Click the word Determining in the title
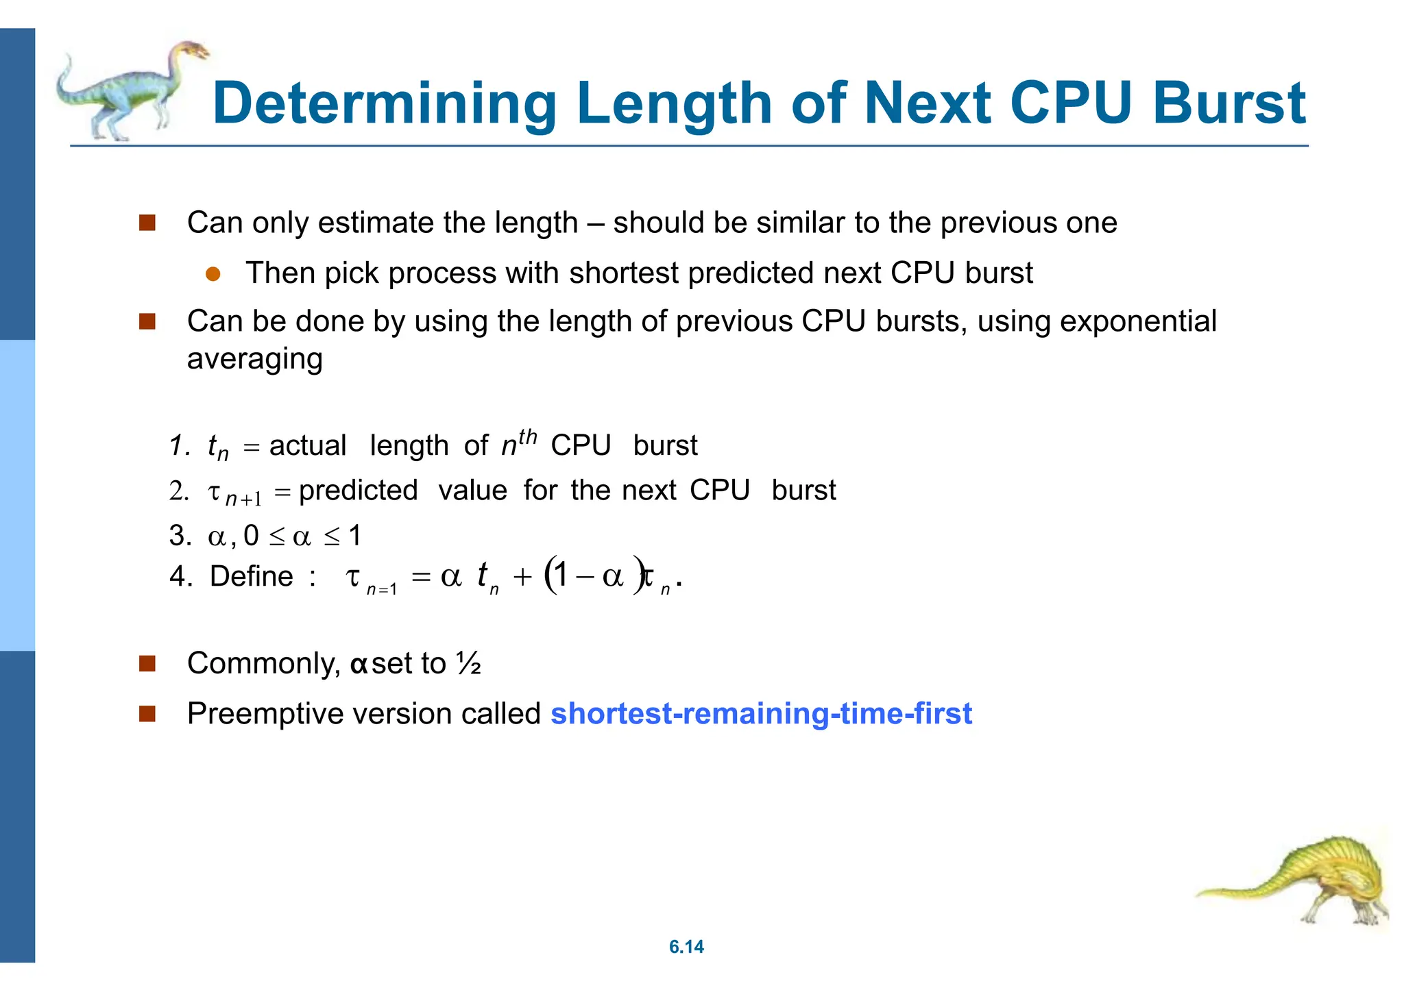pyautogui.click(x=384, y=104)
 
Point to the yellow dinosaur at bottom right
pyautogui.click(x=1303, y=884)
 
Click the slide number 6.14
pyautogui.click(x=686, y=947)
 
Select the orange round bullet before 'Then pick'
pyautogui.click(x=213, y=274)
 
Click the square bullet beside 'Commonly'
pyautogui.click(x=147, y=663)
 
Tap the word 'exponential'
pyautogui.click(x=1138, y=321)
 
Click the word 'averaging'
pyautogui.click(x=254, y=358)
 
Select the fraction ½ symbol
pyautogui.click(x=468, y=663)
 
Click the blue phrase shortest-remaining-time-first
pyautogui.click(x=761, y=713)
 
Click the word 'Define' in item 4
pyautogui.click(x=252, y=576)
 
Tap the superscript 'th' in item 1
pyautogui.click(x=527, y=436)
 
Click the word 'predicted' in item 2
pyautogui.click(x=358, y=490)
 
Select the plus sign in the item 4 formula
pyautogui.click(x=522, y=577)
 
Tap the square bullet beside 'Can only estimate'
pyautogui.click(x=147, y=223)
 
